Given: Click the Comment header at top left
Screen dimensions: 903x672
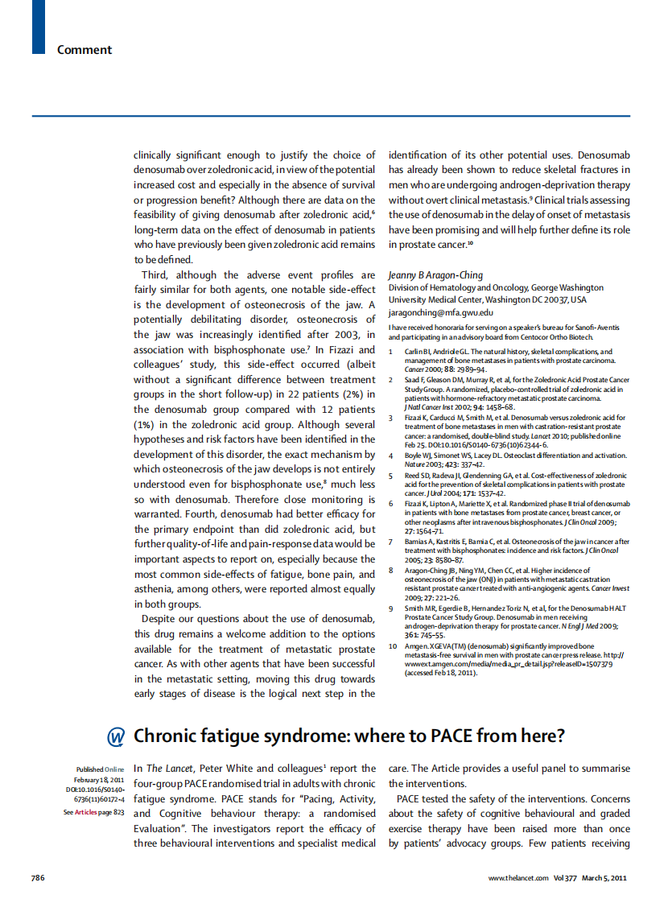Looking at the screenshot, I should [84, 50].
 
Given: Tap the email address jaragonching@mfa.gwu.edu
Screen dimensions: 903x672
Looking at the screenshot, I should [441, 312].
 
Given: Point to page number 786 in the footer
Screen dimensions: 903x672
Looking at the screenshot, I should [38, 877].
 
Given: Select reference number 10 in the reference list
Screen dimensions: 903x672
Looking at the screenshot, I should [394, 646].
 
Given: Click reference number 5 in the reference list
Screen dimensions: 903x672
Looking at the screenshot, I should [391, 476].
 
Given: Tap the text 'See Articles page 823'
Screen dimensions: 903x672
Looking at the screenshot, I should [93, 812].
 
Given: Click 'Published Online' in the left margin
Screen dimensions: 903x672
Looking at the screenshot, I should [100, 769].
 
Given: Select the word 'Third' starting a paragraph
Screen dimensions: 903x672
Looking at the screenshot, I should [157, 274].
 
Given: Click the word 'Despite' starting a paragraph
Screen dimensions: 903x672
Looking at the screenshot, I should [161, 619].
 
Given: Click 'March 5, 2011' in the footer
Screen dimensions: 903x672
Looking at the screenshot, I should [604, 877].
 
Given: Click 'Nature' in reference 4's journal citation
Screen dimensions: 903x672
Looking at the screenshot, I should [414, 464].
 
